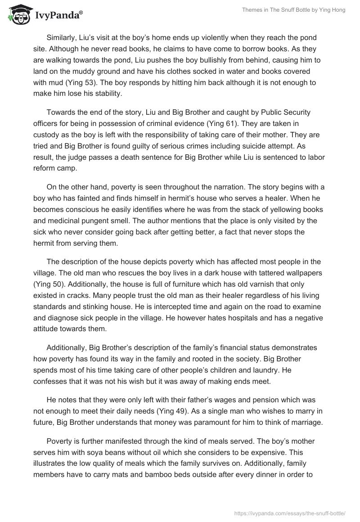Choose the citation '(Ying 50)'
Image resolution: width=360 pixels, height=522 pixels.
pos(50,284)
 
